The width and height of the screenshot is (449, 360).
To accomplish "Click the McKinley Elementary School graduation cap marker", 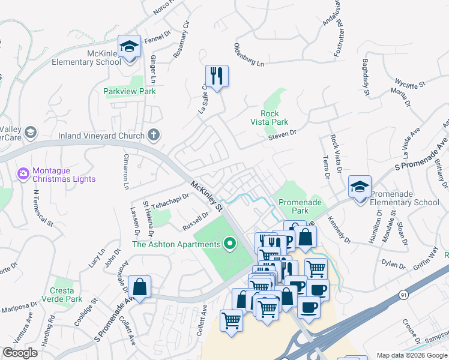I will (x=129, y=46).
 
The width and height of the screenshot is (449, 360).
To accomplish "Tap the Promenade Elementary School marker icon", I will (x=360, y=187).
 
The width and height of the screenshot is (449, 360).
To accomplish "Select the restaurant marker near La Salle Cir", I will (x=217, y=76).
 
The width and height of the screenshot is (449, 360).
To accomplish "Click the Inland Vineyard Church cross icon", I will (x=154, y=135).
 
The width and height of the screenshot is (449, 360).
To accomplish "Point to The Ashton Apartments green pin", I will (x=229, y=244).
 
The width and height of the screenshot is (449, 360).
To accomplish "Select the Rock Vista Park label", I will (x=270, y=117).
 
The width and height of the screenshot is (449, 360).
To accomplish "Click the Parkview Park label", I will (x=129, y=91).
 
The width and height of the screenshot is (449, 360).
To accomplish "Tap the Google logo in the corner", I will (x=20, y=353).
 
